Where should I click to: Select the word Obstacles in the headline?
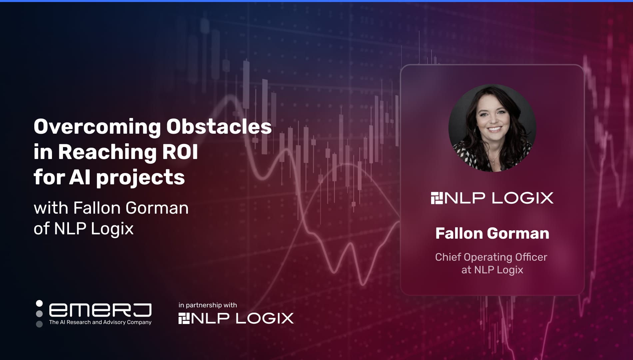click(219, 127)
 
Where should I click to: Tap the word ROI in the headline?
click(180, 152)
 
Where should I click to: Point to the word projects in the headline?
click(140, 178)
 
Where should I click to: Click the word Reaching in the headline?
click(107, 153)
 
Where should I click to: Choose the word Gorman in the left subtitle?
click(157, 208)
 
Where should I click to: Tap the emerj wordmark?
click(100, 310)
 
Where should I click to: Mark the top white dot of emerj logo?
click(39, 303)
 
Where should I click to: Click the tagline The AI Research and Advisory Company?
click(100, 322)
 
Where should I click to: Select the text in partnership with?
click(208, 305)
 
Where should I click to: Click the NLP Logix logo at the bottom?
click(236, 318)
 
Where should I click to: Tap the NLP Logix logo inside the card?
click(492, 198)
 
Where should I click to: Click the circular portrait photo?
click(492, 128)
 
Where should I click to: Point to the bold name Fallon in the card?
click(459, 233)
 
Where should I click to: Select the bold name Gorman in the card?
click(518, 233)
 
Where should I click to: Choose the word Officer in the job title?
click(531, 257)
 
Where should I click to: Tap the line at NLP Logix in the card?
click(492, 270)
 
